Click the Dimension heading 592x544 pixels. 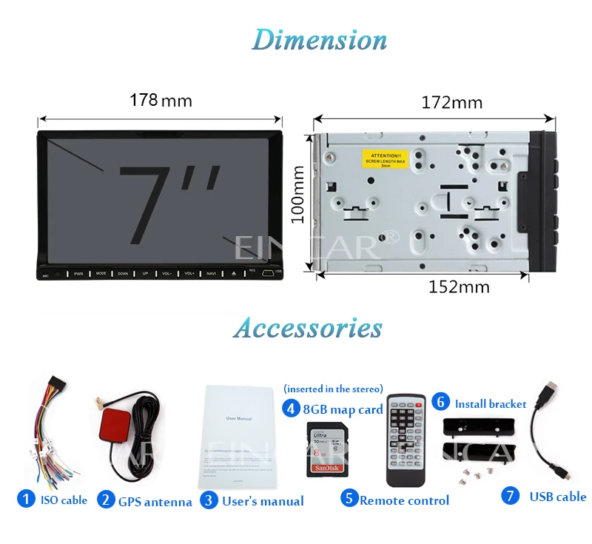tap(319, 40)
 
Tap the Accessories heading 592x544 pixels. tap(307, 328)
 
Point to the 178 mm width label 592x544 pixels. tap(161, 100)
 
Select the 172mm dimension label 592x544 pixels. tap(451, 102)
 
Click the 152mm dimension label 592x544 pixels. tap(459, 287)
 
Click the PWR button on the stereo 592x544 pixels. tap(78, 274)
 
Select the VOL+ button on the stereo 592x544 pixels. tap(189, 274)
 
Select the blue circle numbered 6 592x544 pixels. tap(440, 402)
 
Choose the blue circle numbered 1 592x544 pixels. tap(27, 500)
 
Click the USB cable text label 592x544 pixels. tap(558, 497)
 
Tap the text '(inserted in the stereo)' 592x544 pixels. tap(333, 389)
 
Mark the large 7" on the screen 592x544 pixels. tap(169, 206)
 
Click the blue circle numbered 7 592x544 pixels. tap(511, 496)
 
